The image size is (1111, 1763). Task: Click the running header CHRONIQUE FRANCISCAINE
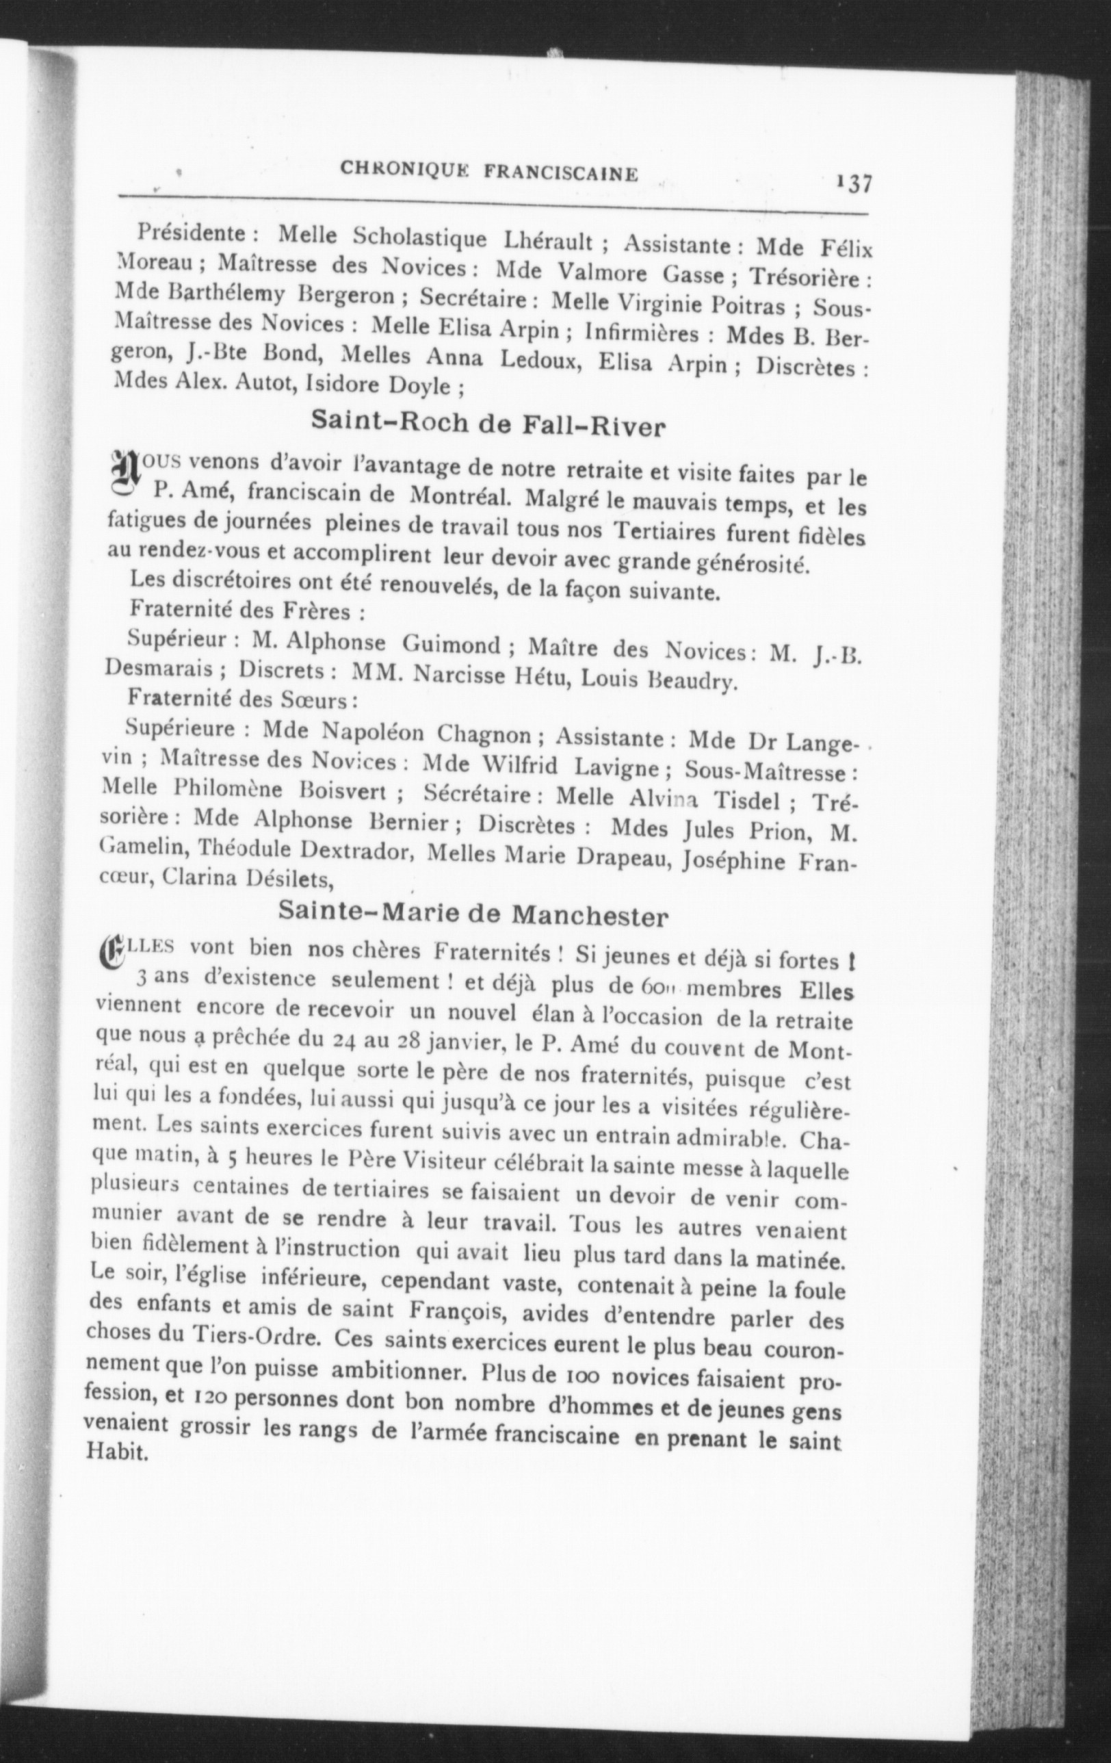tap(489, 172)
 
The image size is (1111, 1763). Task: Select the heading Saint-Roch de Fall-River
tap(488, 423)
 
